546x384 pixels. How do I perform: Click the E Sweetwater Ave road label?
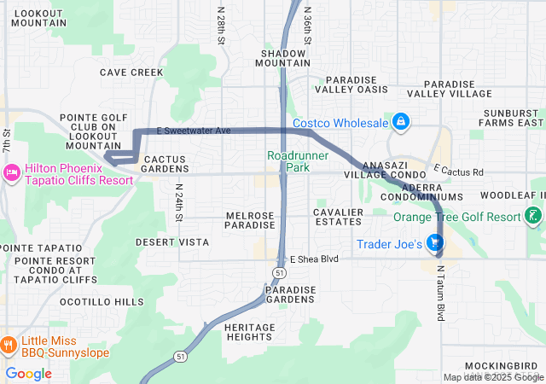point(195,131)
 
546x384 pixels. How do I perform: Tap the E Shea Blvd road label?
point(314,259)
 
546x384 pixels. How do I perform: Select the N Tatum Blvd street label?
point(441,293)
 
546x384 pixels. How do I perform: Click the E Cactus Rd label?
point(459,171)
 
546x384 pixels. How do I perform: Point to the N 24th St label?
point(179,202)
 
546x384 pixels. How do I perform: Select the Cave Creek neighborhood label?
point(131,73)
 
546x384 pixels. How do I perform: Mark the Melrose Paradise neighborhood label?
point(250,220)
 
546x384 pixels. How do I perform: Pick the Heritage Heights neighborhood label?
point(250,332)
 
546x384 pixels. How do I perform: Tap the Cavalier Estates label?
point(338,217)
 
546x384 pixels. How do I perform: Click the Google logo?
point(29,373)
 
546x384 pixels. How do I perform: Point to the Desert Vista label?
point(172,242)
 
